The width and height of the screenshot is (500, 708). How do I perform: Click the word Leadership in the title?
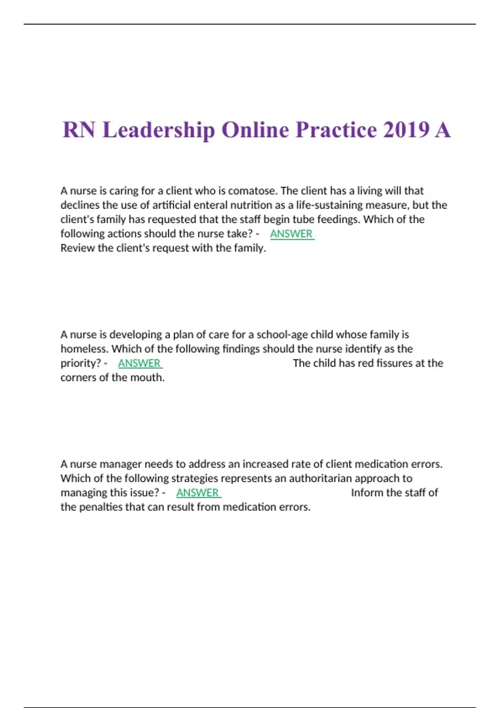tap(158, 130)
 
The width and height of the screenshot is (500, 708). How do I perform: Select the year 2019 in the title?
tap(406, 130)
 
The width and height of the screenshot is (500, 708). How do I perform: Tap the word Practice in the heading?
tap(336, 130)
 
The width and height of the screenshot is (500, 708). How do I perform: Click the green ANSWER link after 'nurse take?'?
tap(292, 234)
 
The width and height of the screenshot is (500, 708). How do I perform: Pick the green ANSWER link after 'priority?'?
tap(140, 364)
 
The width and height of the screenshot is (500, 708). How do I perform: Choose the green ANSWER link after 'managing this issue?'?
tap(198, 493)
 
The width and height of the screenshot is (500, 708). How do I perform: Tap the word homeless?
tap(84, 349)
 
